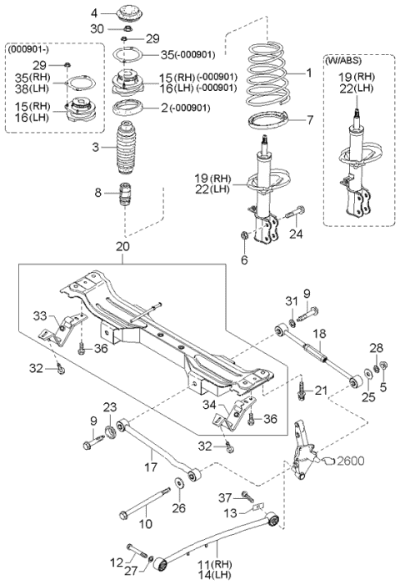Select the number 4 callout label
tap(94, 13)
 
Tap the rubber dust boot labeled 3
tap(126, 150)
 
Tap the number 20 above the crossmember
tap(123, 248)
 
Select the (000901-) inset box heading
tap(30, 50)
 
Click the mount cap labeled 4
tap(128, 14)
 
